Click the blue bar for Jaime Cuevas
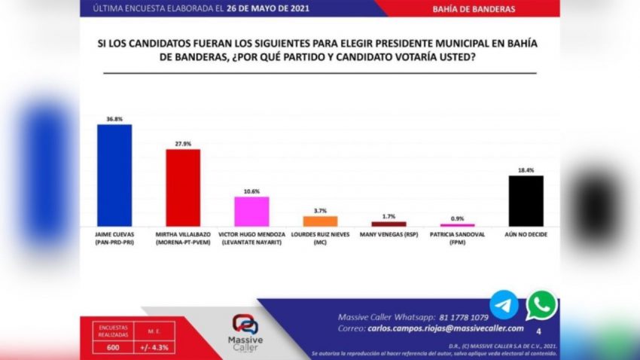point(114,175)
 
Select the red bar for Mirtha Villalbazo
point(183,188)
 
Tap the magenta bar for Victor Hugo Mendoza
point(251,211)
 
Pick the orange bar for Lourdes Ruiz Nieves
point(320,221)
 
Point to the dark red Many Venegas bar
point(389,224)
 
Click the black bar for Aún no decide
point(526,200)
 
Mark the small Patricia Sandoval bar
point(457,225)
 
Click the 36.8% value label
point(114,118)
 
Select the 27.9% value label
point(183,143)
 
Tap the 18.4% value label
point(526,169)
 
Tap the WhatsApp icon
point(541,306)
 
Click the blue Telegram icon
point(504,305)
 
